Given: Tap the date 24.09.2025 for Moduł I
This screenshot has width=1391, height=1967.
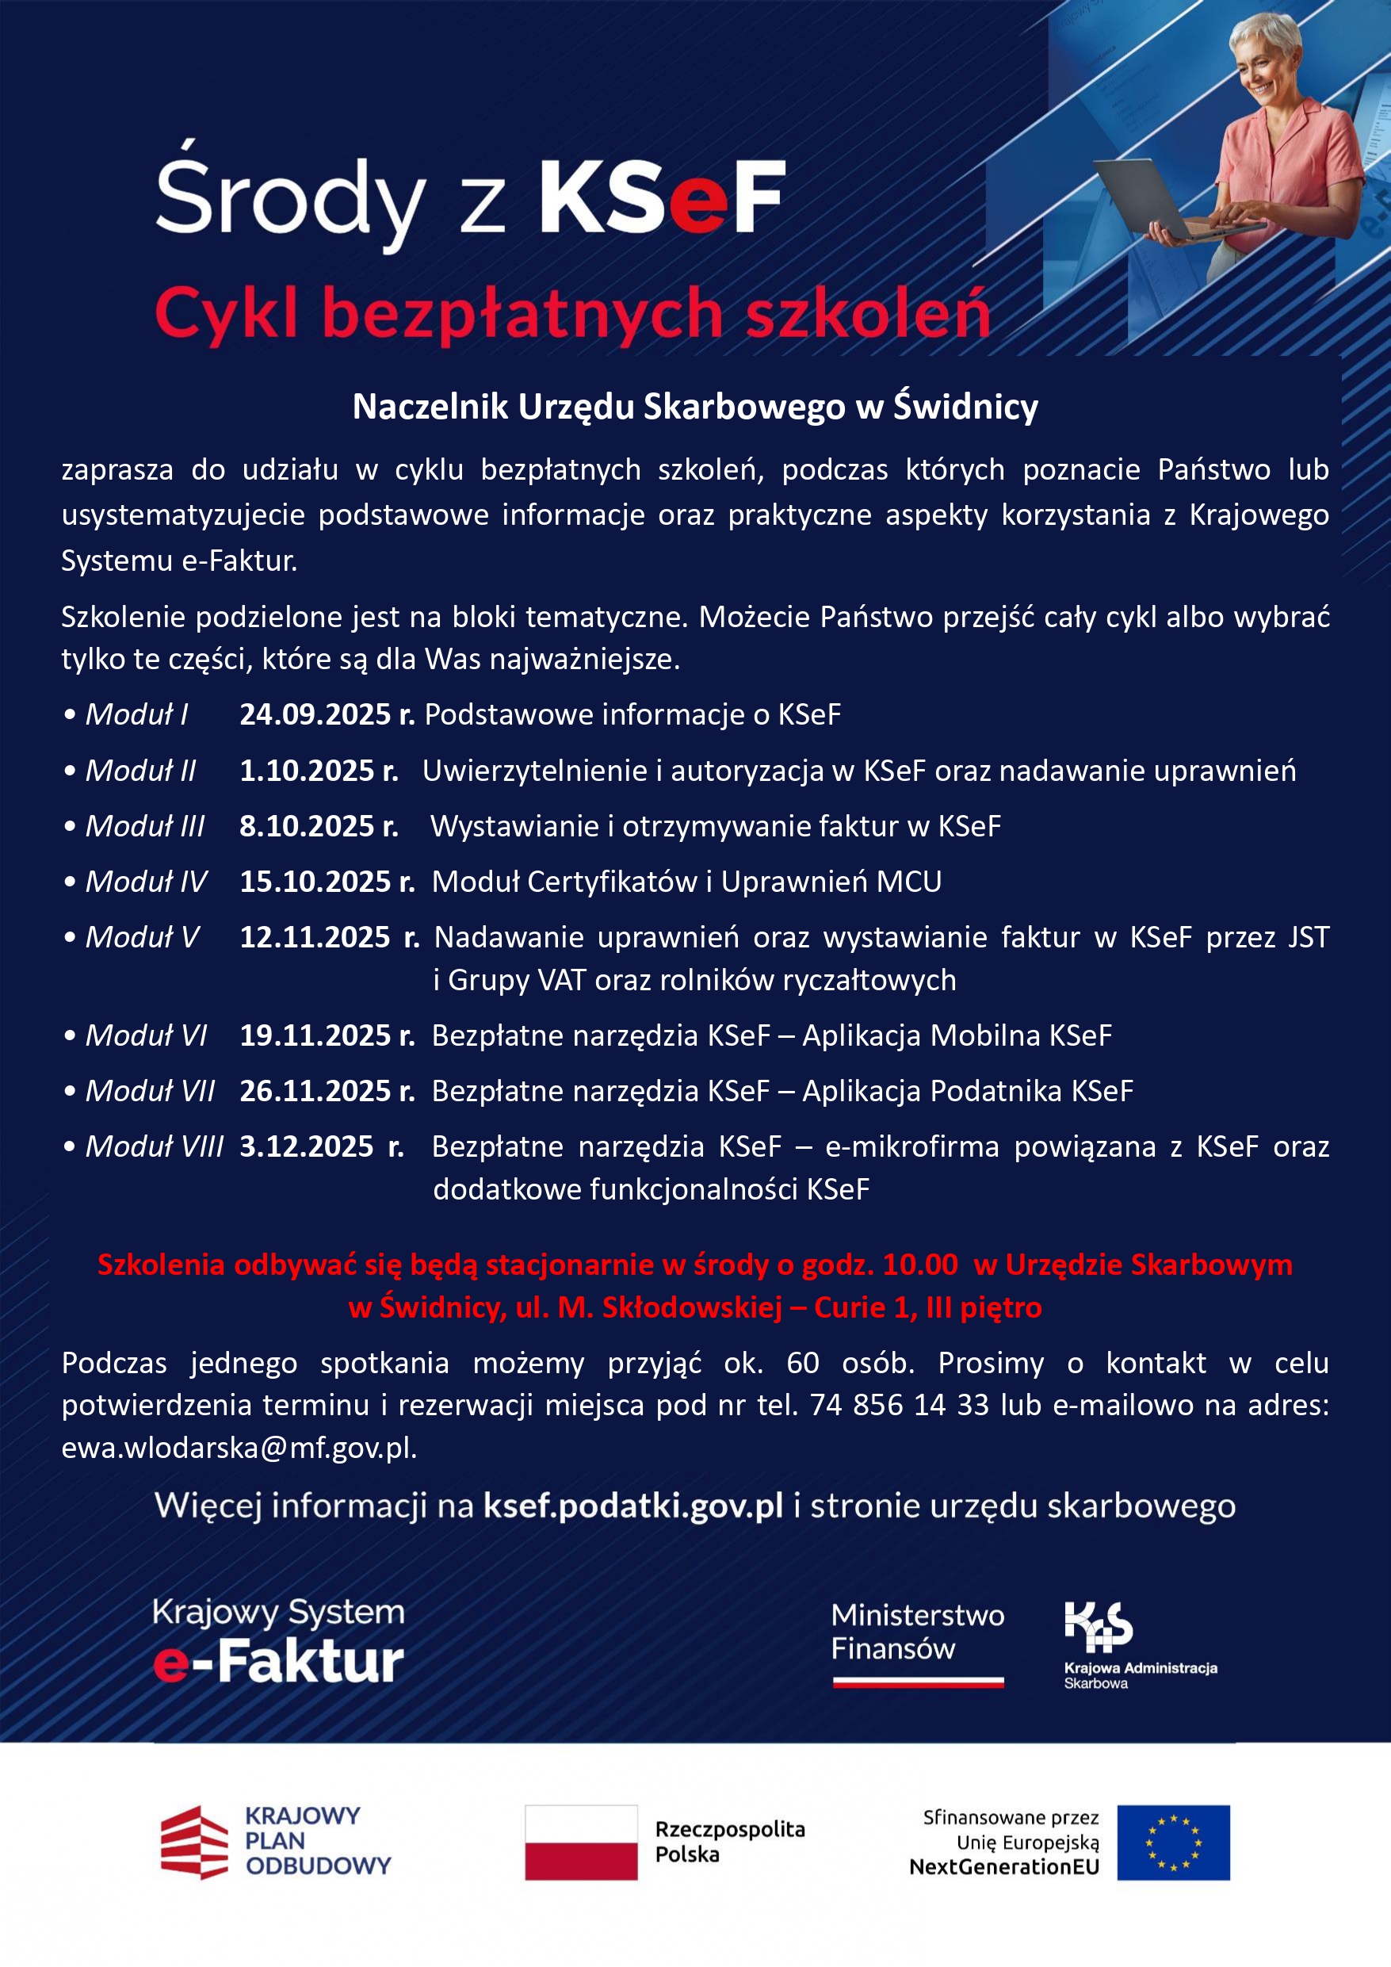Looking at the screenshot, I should [315, 714].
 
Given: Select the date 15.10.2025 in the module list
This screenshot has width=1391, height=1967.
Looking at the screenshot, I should [315, 882].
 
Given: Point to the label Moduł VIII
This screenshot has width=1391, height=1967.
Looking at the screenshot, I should [155, 1146].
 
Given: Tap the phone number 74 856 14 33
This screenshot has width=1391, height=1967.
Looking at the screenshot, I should [900, 1405].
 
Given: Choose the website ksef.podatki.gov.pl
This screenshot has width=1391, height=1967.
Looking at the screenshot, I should [633, 1506].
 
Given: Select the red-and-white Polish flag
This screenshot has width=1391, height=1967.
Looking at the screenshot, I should [581, 1843].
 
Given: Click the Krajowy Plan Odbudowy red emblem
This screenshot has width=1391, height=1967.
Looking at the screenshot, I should [194, 1843].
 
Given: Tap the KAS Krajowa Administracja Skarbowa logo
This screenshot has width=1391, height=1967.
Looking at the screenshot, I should [1098, 1627].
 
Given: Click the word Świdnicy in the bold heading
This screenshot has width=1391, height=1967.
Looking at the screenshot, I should [965, 407].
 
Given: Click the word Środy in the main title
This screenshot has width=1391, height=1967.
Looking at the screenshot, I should [289, 199].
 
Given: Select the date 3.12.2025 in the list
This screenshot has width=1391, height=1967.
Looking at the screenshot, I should [307, 1146].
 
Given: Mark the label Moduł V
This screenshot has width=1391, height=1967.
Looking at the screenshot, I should [142, 937].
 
